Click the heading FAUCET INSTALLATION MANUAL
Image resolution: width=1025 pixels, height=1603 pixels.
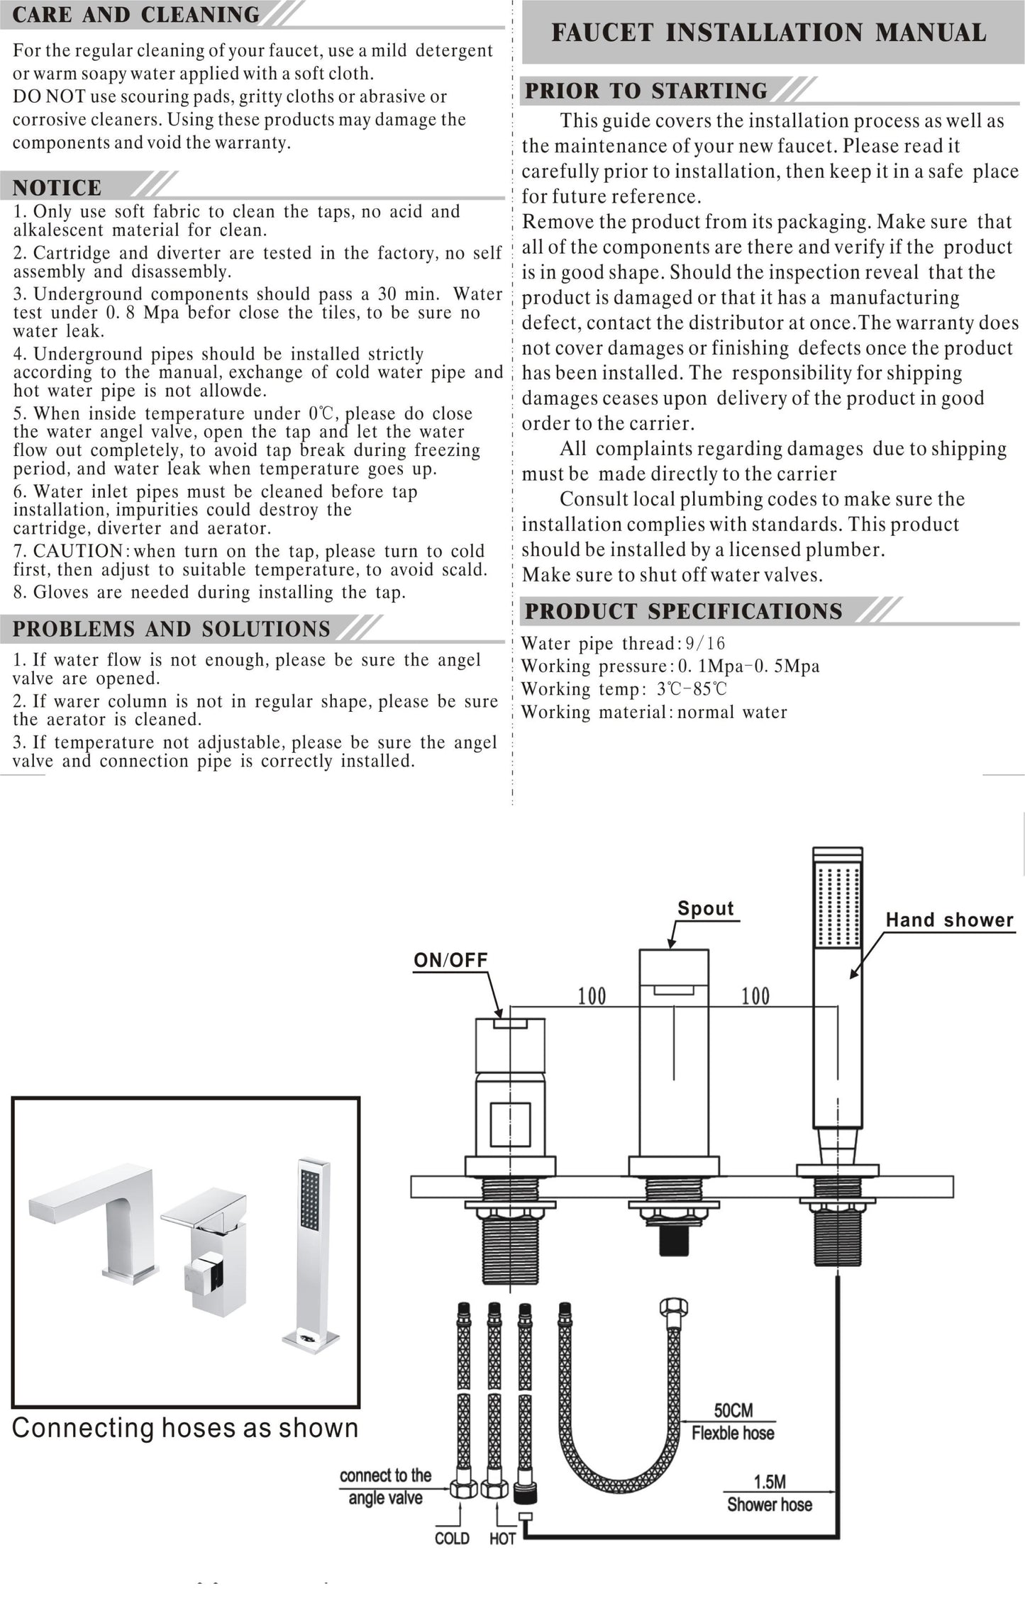coord(768,33)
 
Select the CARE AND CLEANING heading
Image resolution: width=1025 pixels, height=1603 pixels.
coord(136,15)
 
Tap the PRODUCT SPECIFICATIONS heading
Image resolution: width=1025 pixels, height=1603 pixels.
coord(683,611)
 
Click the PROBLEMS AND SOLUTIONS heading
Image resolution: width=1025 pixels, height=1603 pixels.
coord(172,629)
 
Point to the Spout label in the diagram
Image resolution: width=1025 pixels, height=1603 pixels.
coord(705,908)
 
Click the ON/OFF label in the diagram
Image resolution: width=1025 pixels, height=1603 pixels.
coord(450,960)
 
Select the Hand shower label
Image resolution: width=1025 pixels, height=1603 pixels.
coord(949,920)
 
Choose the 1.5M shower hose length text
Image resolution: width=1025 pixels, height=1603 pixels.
coord(769,1482)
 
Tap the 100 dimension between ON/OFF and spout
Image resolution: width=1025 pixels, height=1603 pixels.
coord(592,996)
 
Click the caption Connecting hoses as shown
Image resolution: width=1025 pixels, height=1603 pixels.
coord(185,1427)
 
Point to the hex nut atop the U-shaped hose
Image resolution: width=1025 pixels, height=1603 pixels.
coord(673,1308)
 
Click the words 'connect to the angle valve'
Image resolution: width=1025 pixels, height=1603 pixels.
coord(385,1487)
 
